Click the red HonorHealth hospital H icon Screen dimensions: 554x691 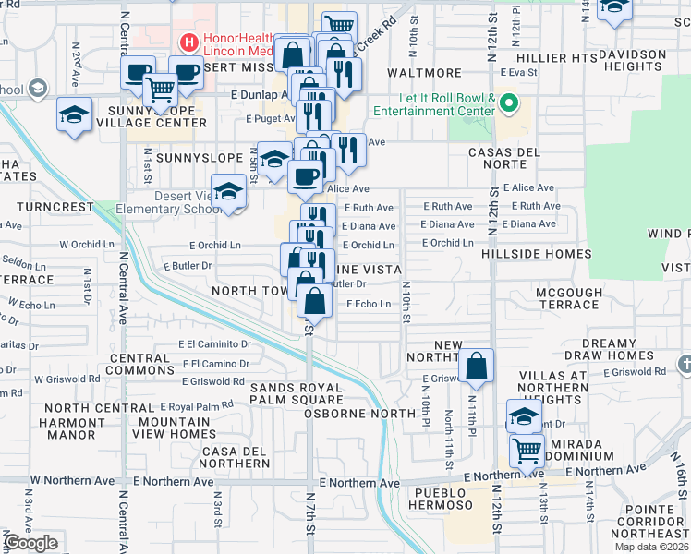pos(188,42)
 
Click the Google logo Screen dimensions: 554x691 pos(30,543)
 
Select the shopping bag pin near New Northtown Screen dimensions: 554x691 pos(476,367)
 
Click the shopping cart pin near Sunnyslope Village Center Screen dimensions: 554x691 pos(161,90)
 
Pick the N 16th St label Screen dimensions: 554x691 pos(681,475)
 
